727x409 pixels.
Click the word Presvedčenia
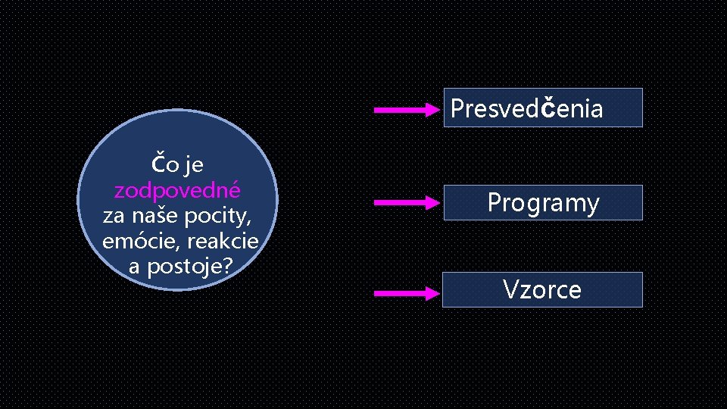[x=526, y=108]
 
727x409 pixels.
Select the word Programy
[x=543, y=203]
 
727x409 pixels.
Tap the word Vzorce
[x=542, y=289]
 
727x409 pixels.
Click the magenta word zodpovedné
[x=177, y=189]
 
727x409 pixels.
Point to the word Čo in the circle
[x=166, y=163]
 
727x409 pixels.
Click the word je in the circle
[x=193, y=164]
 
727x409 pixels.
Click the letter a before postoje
[x=134, y=267]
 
